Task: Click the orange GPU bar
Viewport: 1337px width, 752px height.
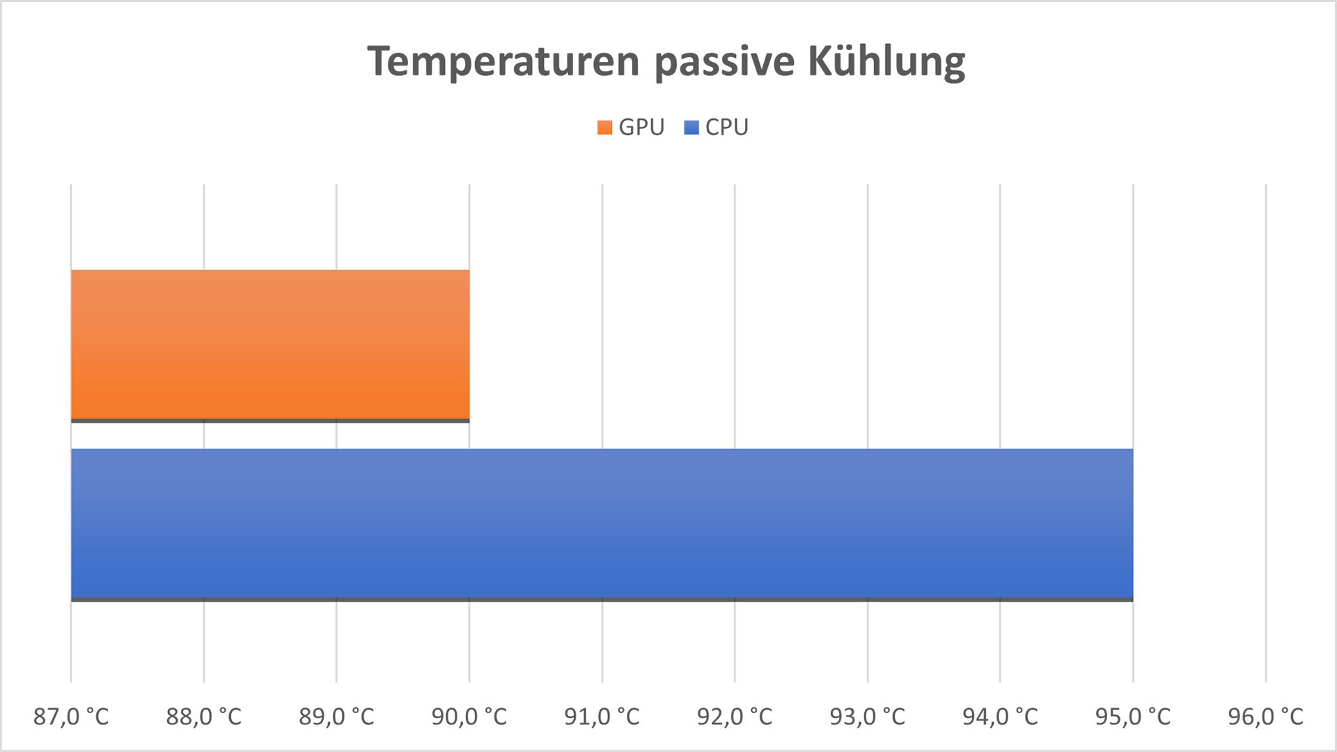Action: click(270, 345)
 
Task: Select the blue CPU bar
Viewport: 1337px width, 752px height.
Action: click(602, 524)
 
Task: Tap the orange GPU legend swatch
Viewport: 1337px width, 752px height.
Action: click(604, 127)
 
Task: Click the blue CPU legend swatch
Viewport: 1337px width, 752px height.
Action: click(691, 127)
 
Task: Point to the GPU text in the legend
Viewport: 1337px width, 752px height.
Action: click(641, 127)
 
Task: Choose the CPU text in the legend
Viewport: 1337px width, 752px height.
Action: click(726, 127)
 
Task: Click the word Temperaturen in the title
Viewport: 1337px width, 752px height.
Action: click(503, 61)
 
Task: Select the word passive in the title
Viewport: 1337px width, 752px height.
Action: click(724, 61)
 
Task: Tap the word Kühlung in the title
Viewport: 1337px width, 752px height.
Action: click(886, 61)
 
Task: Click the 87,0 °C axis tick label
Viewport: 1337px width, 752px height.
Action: click(71, 716)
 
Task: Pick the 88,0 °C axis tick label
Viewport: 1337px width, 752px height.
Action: click(203, 716)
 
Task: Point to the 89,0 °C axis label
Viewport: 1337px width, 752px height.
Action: click(336, 716)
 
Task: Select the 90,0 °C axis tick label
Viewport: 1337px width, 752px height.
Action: click(469, 716)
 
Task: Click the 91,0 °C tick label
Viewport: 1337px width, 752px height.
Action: click(602, 716)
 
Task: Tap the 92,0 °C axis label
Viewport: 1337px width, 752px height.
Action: click(735, 716)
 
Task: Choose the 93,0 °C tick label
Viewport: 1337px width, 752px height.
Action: click(867, 716)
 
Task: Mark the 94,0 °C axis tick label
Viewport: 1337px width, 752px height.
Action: click(1000, 716)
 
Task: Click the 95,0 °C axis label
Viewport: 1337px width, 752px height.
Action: click(1133, 716)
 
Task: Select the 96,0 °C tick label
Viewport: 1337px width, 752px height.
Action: click(1265, 716)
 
